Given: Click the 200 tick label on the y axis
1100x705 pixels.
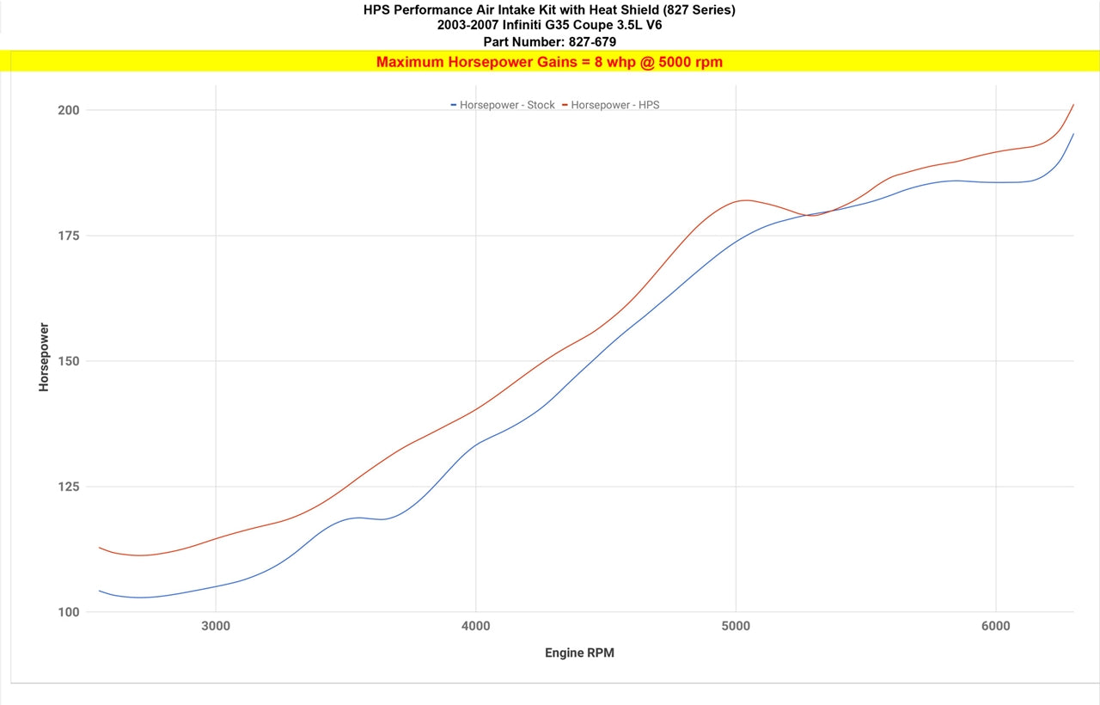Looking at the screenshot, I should [69, 110].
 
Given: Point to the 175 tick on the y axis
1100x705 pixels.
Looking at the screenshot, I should [69, 236].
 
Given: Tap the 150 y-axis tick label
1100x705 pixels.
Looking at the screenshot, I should [69, 361].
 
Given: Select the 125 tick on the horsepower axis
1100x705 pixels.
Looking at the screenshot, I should [69, 487].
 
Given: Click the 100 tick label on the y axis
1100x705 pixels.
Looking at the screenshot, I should [69, 612].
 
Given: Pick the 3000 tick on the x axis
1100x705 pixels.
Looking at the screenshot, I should [216, 626].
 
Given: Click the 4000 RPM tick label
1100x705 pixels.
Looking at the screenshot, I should [475, 626].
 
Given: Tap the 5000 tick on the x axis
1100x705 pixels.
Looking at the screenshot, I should [736, 626].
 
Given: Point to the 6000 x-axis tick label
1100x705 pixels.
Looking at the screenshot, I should [995, 626].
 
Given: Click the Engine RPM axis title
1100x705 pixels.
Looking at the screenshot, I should [579, 653].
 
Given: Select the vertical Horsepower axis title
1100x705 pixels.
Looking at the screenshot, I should [44, 358].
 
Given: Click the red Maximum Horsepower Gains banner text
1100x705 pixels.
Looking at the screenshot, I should [549, 62].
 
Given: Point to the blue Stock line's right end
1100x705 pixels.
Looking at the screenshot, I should [1073, 134].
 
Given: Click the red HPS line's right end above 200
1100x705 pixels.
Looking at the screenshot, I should [1073, 105].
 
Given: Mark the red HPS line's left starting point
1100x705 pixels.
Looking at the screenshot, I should [100, 548].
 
